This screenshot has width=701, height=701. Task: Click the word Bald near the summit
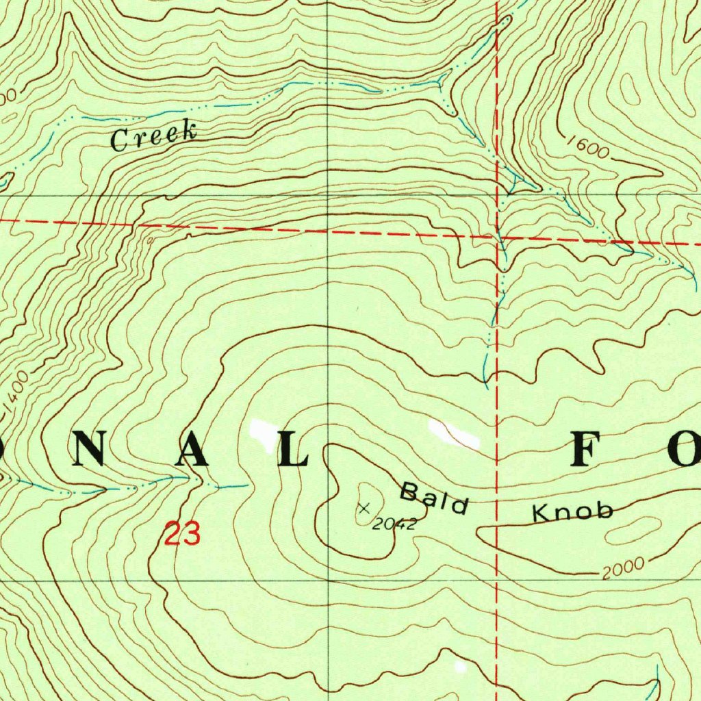click(434, 498)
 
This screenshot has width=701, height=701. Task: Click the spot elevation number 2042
click(394, 524)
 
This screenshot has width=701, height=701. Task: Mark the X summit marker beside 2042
click(364, 508)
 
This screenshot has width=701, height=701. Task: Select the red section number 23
click(182, 534)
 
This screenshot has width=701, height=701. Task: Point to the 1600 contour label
click(587, 149)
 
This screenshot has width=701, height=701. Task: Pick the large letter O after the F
click(680, 451)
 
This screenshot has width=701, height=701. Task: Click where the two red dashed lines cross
click(496, 236)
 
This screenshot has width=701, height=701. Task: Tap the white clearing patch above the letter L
click(261, 429)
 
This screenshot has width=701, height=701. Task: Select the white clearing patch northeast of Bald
click(454, 434)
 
